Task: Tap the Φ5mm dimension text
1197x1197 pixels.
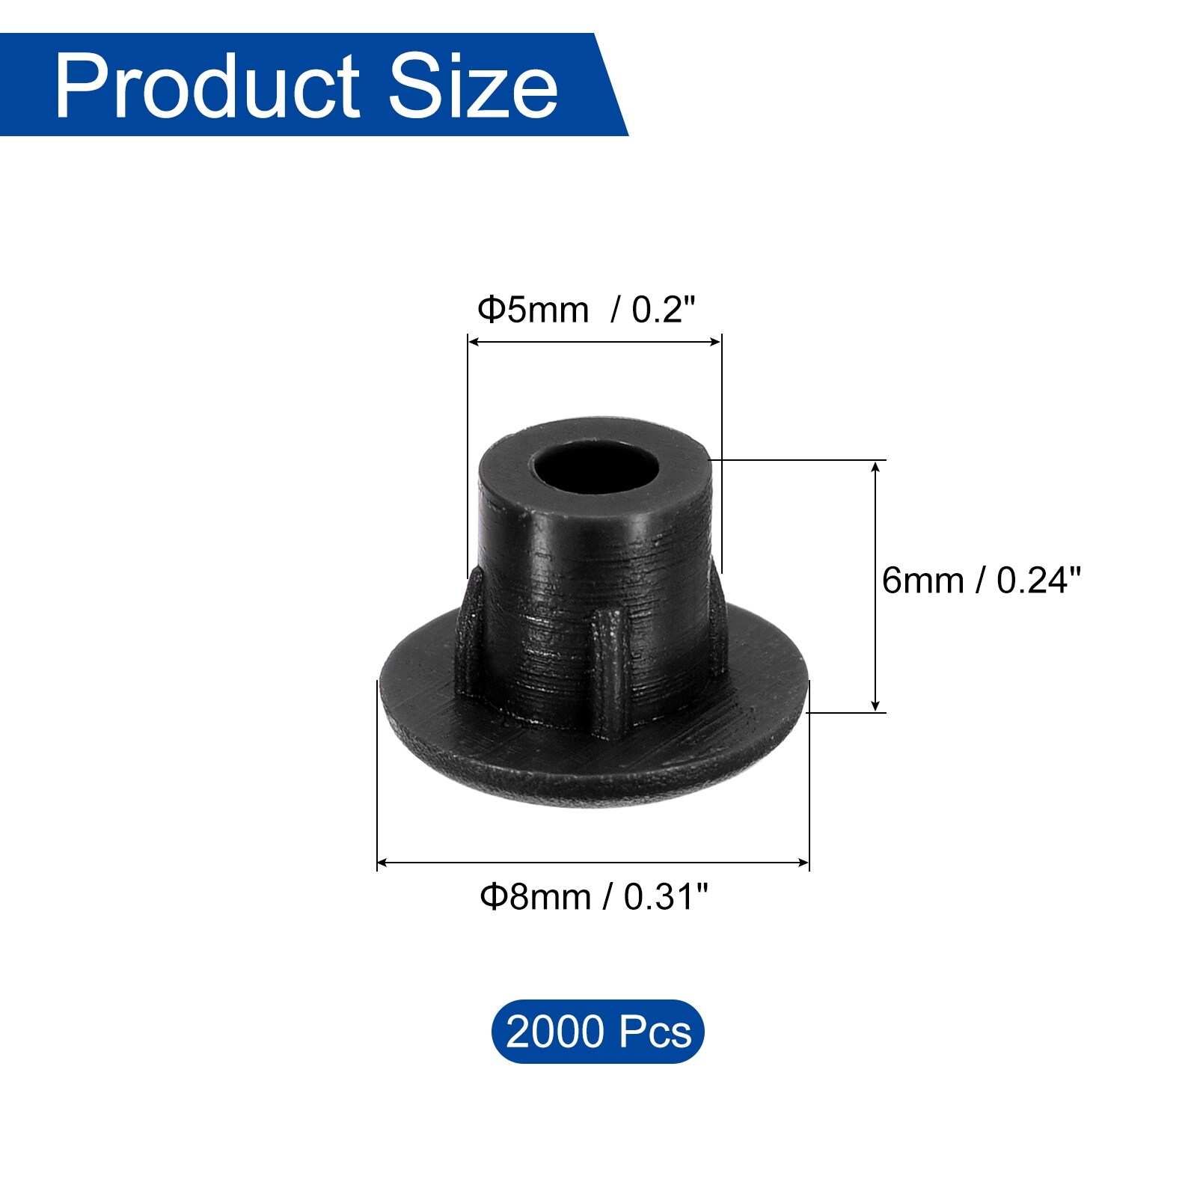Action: pyautogui.click(x=533, y=310)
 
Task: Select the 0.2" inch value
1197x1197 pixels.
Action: pyautogui.click(x=664, y=310)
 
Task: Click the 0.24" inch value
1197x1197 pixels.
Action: pyautogui.click(x=1038, y=581)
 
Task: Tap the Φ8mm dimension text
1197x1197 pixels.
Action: pyautogui.click(x=536, y=896)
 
